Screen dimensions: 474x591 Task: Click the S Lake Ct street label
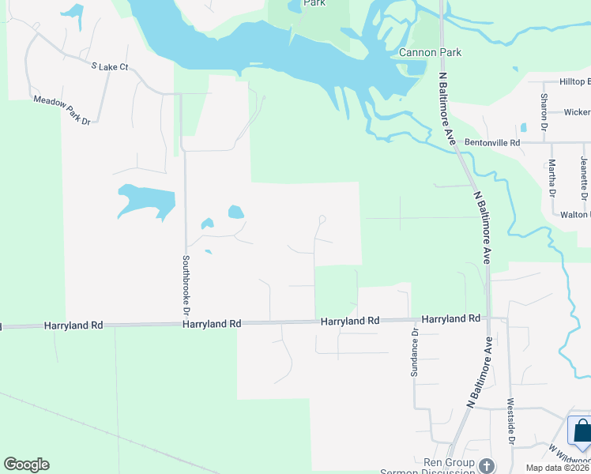point(110,67)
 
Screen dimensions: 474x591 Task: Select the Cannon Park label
point(430,53)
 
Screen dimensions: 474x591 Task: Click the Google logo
point(26,465)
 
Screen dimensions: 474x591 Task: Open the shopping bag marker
point(581,431)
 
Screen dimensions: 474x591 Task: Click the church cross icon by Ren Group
point(487,466)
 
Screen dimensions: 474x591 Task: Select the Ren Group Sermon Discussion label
point(447,467)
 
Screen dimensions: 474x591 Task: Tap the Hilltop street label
point(574,81)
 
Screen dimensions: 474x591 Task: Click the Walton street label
point(574,214)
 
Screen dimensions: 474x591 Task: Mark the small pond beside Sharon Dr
point(523,126)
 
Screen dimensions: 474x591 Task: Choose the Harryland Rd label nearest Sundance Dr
point(451,318)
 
